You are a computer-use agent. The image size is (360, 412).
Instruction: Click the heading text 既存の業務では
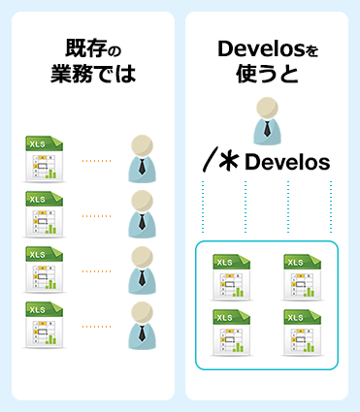92,60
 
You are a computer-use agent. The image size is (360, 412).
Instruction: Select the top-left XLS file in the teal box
229,275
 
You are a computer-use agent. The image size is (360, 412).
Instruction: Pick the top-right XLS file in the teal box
302,275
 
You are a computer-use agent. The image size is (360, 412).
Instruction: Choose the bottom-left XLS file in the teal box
229,331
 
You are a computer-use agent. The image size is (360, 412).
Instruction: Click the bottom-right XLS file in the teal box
302,331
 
